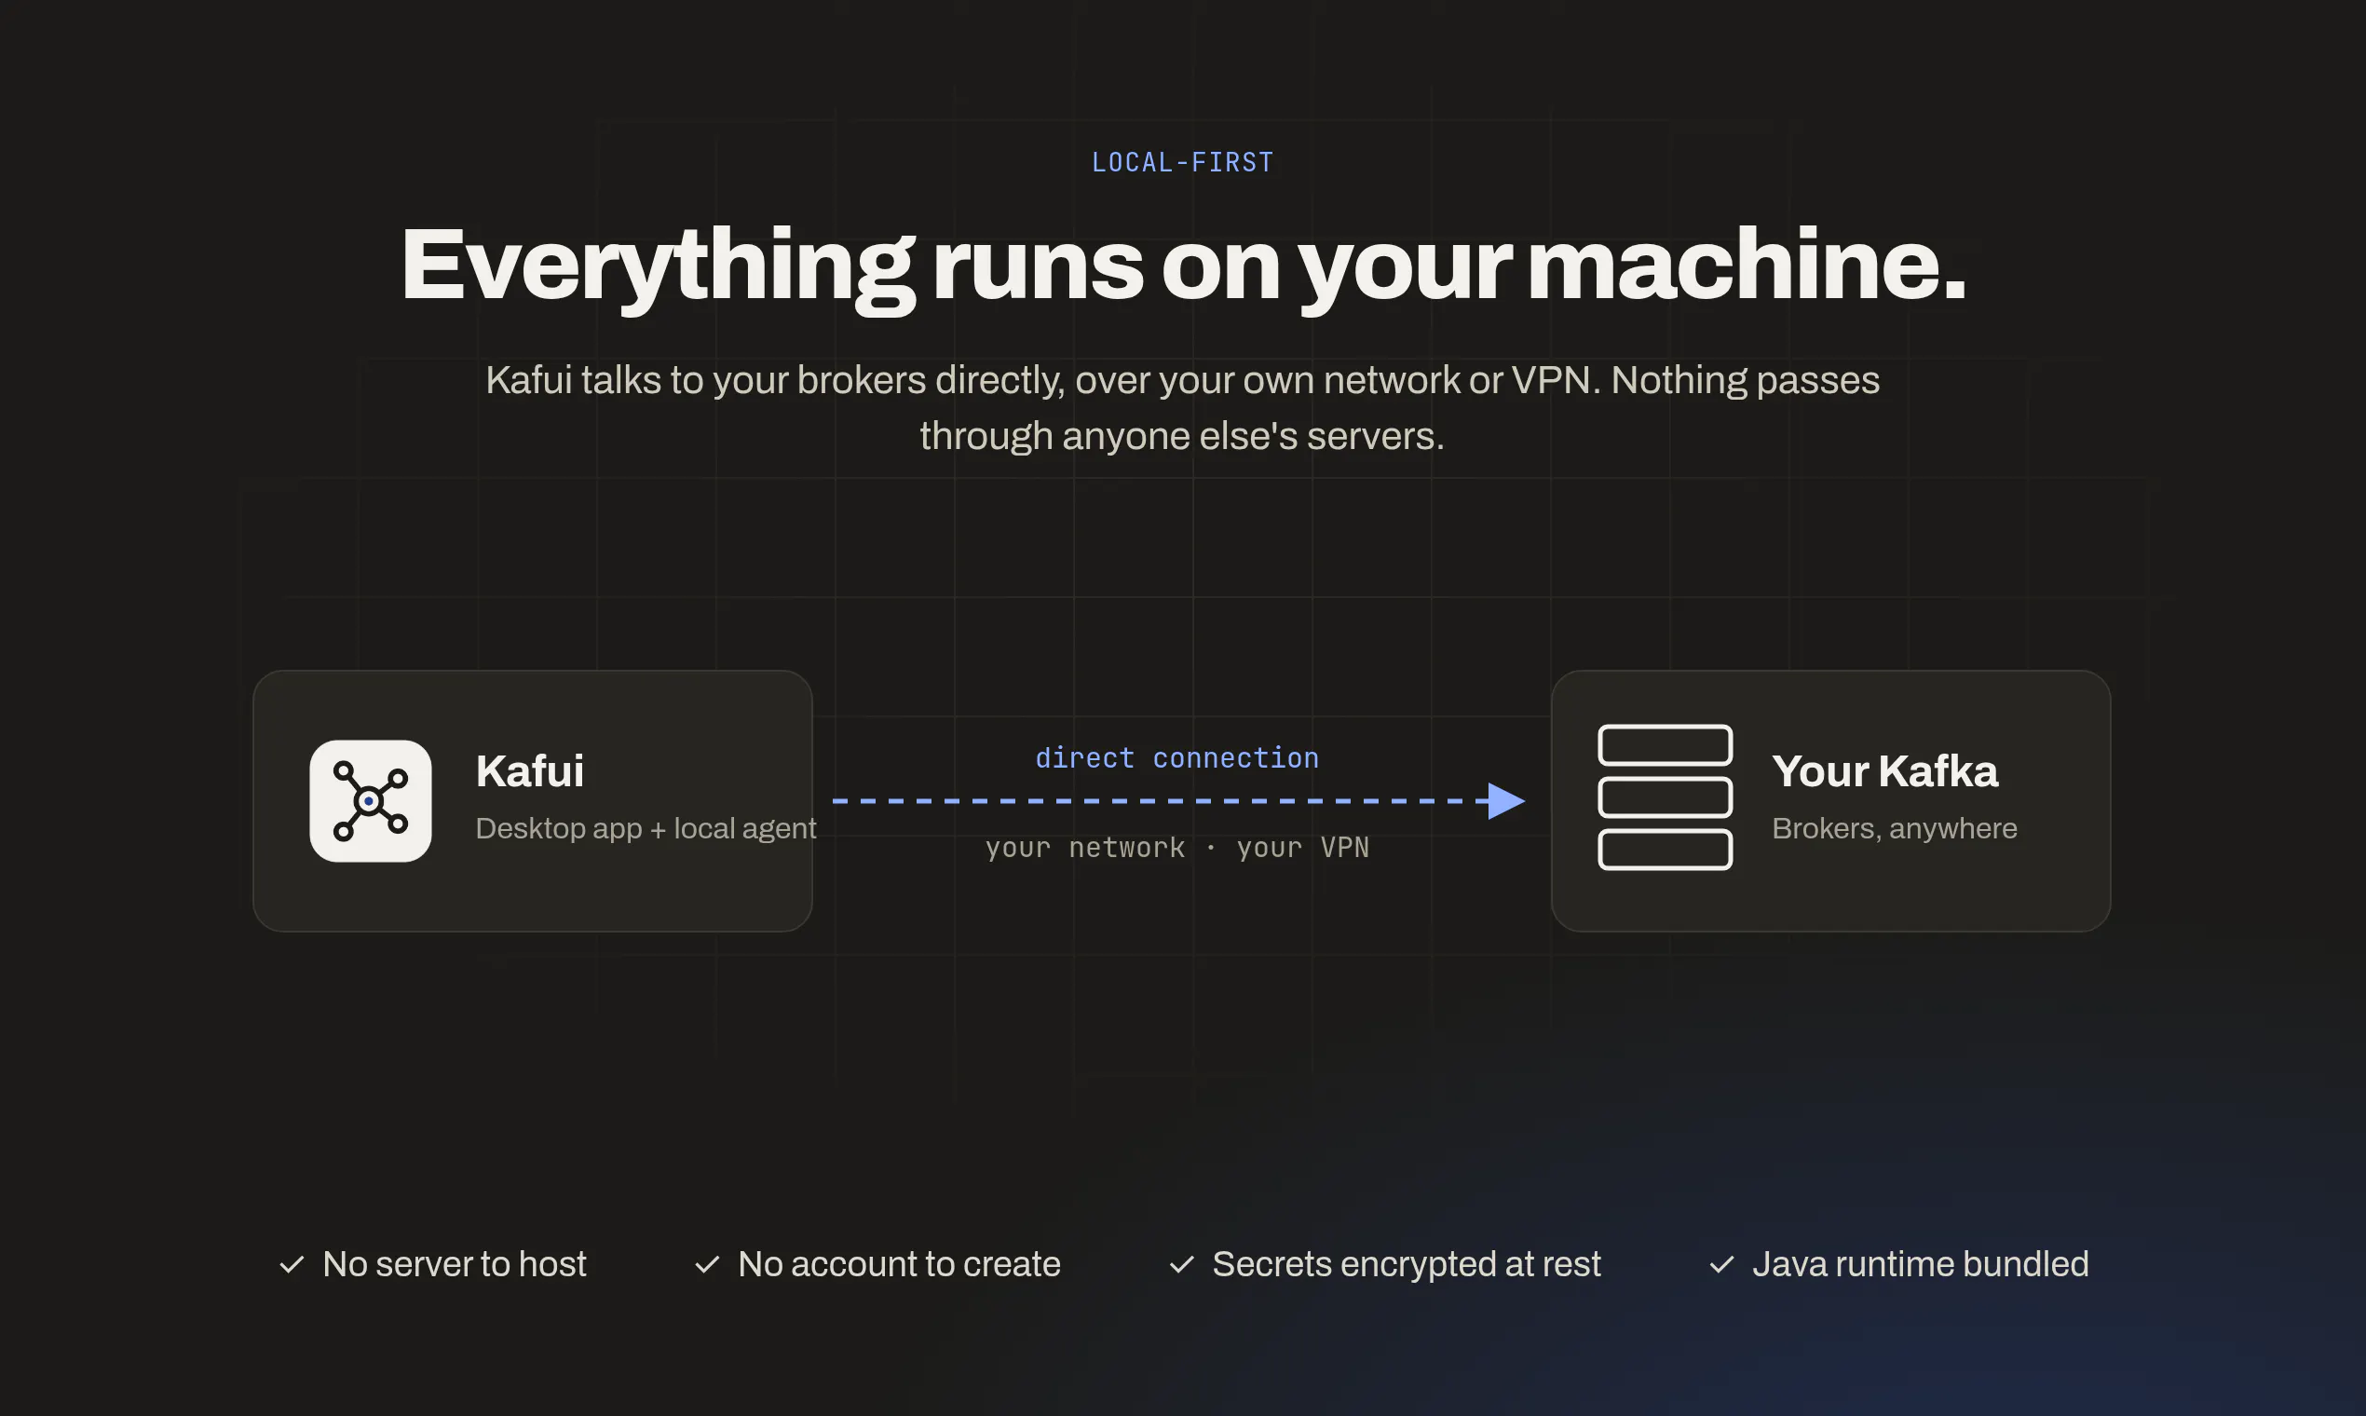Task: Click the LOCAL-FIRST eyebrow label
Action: (x=1182, y=162)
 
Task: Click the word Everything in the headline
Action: (x=658, y=268)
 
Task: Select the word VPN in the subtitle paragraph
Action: (x=1550, y=380)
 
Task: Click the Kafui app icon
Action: (x=370, y=800)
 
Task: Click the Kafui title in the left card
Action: (x=529, y=771)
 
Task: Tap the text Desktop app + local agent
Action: (x=646, y=828)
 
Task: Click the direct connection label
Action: (x=1177, y=757)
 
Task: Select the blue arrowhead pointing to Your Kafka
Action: (x=1504, y=800)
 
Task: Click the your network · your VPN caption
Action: (x=1177, y=848)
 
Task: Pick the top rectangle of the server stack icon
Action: (x=1665, y=745)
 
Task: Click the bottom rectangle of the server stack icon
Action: (x=1665, y=851)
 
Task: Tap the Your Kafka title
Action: (x=1884, y=771)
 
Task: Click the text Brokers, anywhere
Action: (x=1895, y=828)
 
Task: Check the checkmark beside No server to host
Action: (x=292, y=1265)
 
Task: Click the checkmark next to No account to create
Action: (x=707, y=1265)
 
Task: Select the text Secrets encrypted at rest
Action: (x=1407, y=1264)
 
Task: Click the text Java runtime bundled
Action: (x=1921, y=1264)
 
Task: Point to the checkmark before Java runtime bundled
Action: (x=1721, y=1265)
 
